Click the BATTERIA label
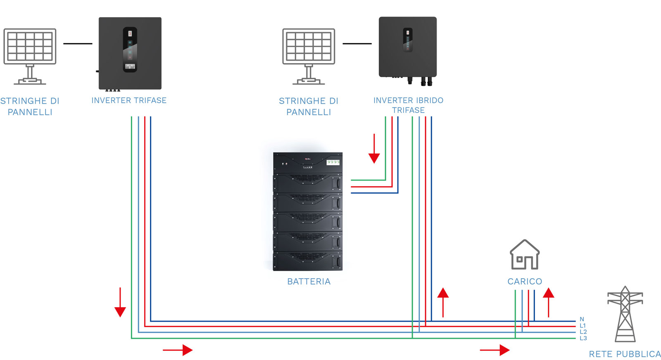(309, 282)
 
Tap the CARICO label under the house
(525, 282)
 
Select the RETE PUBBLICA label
(625, 354)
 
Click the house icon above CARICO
(525, 254)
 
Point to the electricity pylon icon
(625, 314)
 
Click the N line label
(582, 319)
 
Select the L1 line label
(583, 325)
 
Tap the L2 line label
(583, 332)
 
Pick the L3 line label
(583, 338)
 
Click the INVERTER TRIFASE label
(129, 101)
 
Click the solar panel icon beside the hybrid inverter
(309, 56)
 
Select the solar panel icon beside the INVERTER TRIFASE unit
(30, 56)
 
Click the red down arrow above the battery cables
(374, 149)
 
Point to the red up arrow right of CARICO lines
(549, 303)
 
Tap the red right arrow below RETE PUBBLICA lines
(495, 350)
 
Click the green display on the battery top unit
(333, 162)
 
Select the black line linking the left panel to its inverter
(78, 44)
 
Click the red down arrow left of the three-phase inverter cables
(120, 302)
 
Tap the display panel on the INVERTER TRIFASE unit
(130, 49)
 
